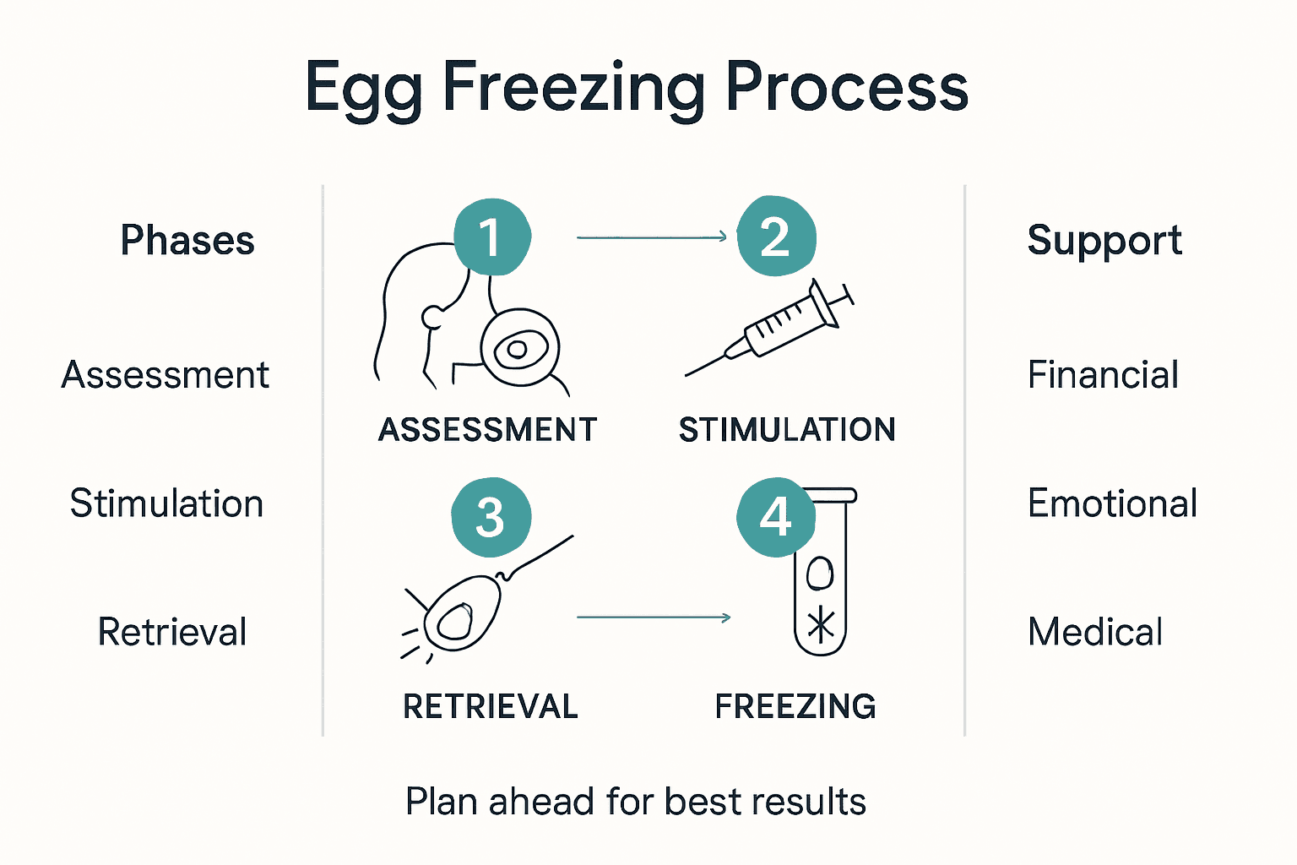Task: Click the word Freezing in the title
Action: tap(574, 88)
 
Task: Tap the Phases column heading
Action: tap(187, 240)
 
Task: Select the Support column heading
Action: tap(1104, 240)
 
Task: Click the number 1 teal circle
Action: tap(492, 237)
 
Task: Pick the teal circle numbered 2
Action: tap(776, 237)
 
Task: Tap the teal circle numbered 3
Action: tap(491, 517)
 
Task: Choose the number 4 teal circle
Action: tap(775, 517)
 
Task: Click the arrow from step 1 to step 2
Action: tap(651, 237)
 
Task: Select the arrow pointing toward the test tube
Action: tap(653, 617)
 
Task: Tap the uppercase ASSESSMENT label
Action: tap(487, 430)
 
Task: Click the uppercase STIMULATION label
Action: tap(787, 430)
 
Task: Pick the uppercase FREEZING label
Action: tap(795, 706)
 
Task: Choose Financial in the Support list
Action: tap(1103, 375)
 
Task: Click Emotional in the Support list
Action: tap(1112, 503)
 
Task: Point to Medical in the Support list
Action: tap(1095, 632)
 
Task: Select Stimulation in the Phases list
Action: tap(166, 503)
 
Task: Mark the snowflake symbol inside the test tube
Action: tap(821, 626)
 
